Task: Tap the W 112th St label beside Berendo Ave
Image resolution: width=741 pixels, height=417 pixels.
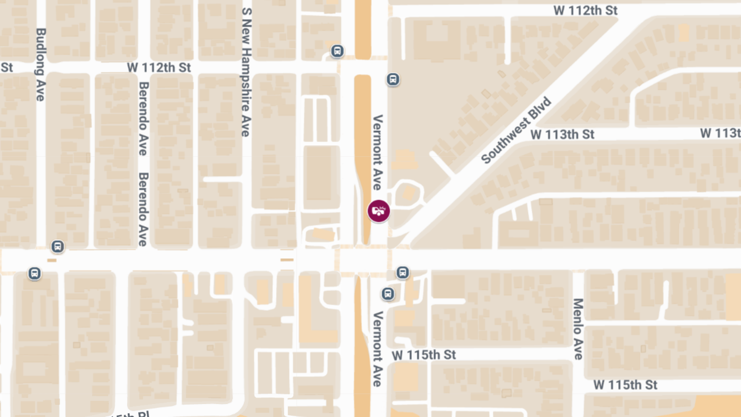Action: pyautogui.click(x=159, y=67)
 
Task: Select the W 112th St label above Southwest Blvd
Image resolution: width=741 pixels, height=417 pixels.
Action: pyautogui.click(x=585, y=11)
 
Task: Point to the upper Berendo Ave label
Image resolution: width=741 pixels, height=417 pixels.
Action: pyautogui.click(x=143, y=119)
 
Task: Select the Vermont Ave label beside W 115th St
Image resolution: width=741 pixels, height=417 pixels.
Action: pyautogui.click(x=377, y=349)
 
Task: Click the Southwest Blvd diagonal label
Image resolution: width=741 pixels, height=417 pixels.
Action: pyautogui.click(x=516, y=130)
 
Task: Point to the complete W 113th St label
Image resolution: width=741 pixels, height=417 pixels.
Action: pyautogui.click(x=562, y=134)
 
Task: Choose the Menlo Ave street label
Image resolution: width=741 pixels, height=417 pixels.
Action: pyautogui.click(x=578, y=329)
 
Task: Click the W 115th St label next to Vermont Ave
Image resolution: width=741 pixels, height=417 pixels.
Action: pyautogui.click(x=424, y=355)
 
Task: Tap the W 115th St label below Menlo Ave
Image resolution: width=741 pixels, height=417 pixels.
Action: pyautogui.click(x=626, y=385)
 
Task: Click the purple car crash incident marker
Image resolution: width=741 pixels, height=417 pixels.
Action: pyautogui.click(x=379, y=211)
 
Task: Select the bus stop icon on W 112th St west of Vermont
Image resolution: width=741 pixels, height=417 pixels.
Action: pyautogui.click(x=337, y=51)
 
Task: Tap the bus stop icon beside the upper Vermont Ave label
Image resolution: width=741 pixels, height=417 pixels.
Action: pyautogui.click(x=393, y=79)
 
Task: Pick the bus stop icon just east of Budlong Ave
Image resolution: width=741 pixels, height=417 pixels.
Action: pyautogui.click(x=57, y=246)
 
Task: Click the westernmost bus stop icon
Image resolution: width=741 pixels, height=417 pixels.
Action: pyautogui.click(x=35, y=273)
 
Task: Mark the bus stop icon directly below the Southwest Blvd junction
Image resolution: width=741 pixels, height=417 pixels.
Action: pyautogui.click(x=403, y=272)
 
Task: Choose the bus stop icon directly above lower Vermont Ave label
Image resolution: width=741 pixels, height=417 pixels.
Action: pyautogui.click(x=388, y=293)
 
